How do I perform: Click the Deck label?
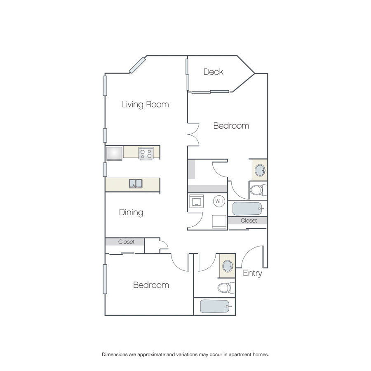pos(213,72)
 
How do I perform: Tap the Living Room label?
pos(145,104)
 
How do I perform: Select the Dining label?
pos(131,212)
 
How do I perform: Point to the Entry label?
pos(252,273)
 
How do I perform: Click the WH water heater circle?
pos(219,201)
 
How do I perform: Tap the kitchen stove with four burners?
pos(146,153)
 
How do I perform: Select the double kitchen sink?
pos(136,183)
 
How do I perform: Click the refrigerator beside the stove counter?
pos(114,153)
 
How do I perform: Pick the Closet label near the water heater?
pos(249,221)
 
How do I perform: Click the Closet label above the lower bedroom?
pos(127,242)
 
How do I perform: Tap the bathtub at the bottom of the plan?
pos(215,306)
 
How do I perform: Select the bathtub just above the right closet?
pos(248,209)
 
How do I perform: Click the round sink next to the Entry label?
pos(228,266)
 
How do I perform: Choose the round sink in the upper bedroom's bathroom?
pos(260,170)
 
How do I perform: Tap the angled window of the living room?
pos(137,65)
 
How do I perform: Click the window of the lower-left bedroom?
pos(105,279)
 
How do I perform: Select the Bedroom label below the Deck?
pos(231,126)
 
